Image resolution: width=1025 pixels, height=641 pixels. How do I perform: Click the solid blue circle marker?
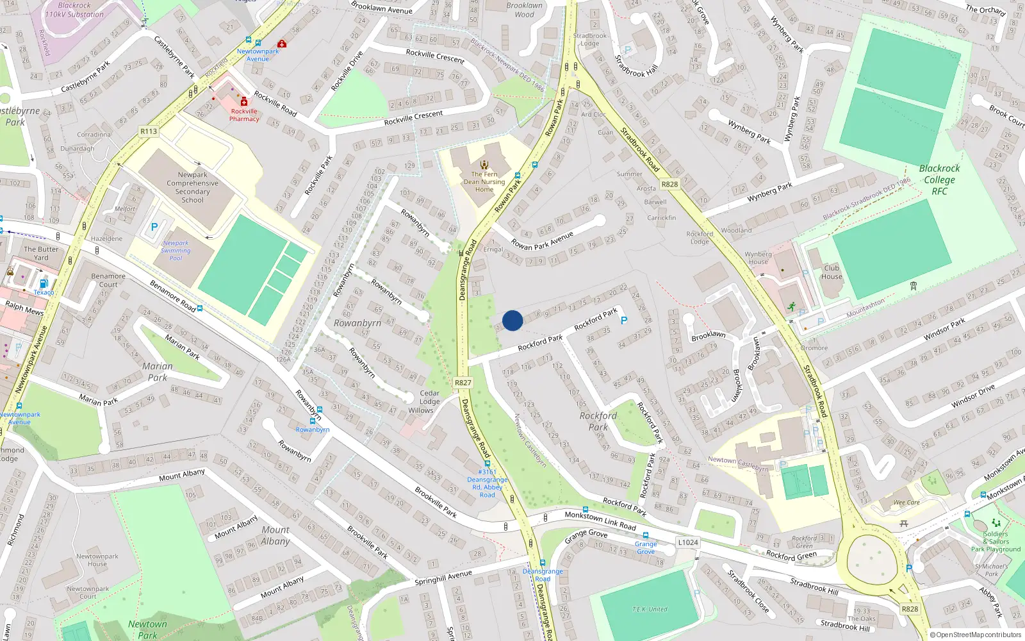coord(512,320)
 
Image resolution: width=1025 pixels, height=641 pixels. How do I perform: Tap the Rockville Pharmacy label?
coord(244,115)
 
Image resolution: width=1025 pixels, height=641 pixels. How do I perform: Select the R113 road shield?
coord(149,131)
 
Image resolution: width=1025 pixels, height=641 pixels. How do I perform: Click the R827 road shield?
coord(463,383)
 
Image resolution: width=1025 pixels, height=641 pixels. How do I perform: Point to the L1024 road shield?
coord(687,542)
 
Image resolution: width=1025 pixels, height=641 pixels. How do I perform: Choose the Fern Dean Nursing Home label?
coord(484,182)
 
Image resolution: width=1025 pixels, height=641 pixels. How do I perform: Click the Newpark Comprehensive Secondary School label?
coord(192,187)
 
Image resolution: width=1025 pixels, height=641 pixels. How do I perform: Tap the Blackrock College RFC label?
coord(939,179)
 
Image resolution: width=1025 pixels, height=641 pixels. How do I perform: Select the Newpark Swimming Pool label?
coord(176,251)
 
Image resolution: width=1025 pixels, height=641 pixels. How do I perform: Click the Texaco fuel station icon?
coord(44,283)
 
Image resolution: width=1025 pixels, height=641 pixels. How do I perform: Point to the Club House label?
coord(832,272)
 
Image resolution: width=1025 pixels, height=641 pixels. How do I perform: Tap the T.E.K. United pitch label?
coord(650,609)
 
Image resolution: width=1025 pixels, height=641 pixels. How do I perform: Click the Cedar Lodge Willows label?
coord(429,402)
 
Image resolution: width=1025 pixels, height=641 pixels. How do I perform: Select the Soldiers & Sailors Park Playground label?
coord(996,542)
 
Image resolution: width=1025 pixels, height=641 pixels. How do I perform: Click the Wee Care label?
coord(906,503)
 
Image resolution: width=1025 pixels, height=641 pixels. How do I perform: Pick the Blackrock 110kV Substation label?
coord(74,10)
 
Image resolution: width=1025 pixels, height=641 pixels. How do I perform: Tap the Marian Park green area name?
coord(158,372)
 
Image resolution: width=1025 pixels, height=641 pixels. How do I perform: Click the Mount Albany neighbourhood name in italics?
coord(275,535)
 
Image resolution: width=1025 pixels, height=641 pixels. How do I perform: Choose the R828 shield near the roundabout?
coord(909,609)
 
